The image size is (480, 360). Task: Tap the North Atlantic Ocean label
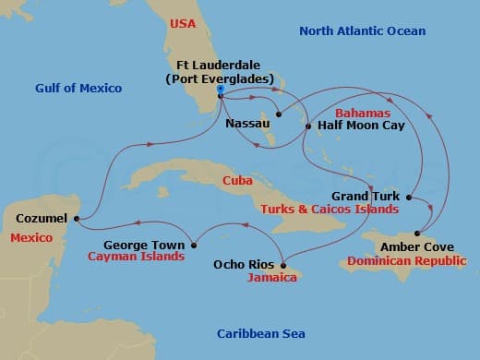pyautogui.click(x=362, y=31)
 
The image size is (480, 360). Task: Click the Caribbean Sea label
pyautogui.click(x=260, y=333)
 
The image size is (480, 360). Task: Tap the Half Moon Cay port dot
pyautogui.click(x=308, y=125)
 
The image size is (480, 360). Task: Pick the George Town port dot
pyautogui.click(x=195, y=245)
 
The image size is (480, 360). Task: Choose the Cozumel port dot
pyautogui.click(x=76, y=219)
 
